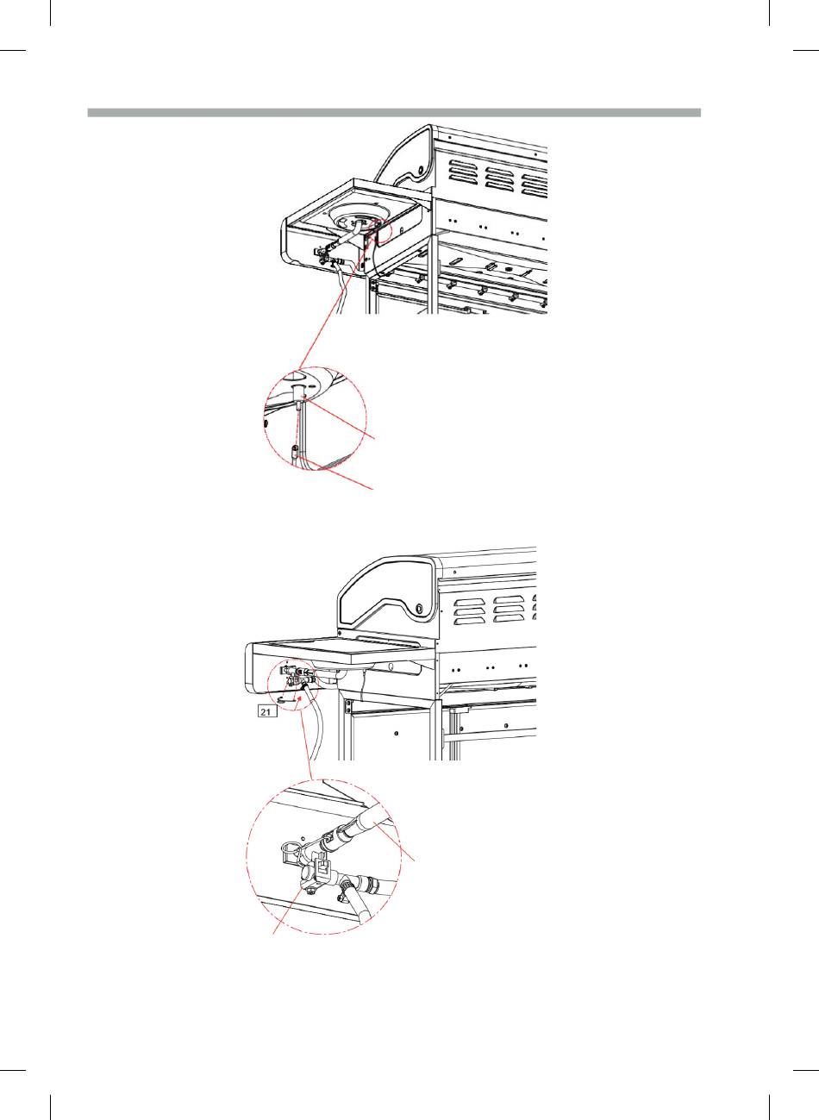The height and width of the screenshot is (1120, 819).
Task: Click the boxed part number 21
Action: [x=266, y=710]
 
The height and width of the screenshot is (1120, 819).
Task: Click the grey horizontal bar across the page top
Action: [x=394, y=112]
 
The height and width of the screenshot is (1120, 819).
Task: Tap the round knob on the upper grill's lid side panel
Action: [x=422, y=168]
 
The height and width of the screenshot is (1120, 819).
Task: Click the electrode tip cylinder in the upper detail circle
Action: [x=299, y=391]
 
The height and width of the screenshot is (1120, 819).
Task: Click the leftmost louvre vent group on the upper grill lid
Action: [x=463, y=173]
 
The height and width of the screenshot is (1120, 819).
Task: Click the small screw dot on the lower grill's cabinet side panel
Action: [x=397, y=734]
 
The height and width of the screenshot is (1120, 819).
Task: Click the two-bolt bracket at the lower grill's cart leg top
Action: [x=348, y=706]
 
